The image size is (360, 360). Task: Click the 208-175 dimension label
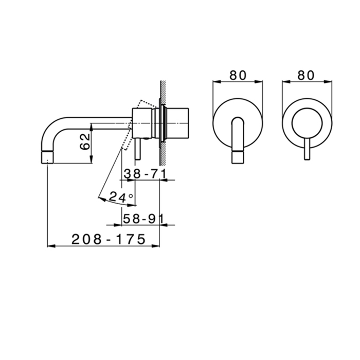point(108,239)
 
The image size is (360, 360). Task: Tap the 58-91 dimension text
point(142,219)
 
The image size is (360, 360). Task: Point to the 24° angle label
point(121,196)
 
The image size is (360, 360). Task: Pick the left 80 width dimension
point(238,75)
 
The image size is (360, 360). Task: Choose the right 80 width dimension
point(306,75)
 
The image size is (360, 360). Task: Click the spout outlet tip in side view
point(47,156)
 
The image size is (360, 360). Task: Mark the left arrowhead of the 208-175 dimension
point(50,246)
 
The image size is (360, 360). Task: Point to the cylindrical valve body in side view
point(144,123)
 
